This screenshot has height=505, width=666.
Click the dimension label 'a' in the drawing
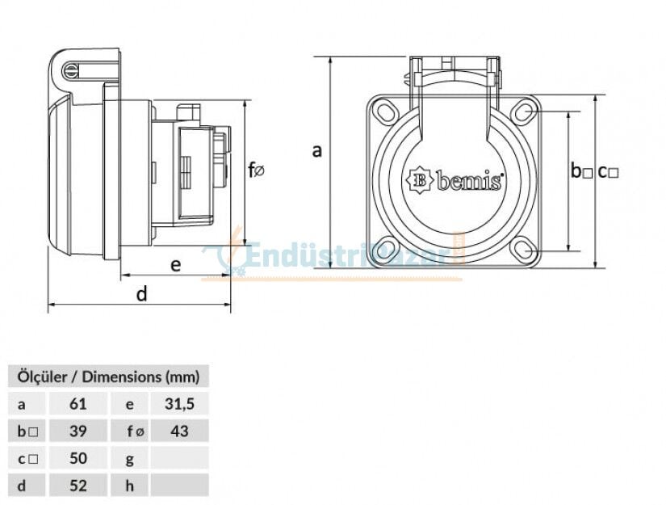(317, 150)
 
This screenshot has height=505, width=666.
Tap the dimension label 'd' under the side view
(141, 294)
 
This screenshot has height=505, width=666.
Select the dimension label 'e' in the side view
(175, 263)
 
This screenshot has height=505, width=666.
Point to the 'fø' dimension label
(257, 170)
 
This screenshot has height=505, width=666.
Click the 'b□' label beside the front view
(581, 171)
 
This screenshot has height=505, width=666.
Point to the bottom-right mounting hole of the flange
(525, 250)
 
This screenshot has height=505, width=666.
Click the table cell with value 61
(78, 403)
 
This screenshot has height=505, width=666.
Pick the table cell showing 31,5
(179, 403)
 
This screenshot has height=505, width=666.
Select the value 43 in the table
(179, 431)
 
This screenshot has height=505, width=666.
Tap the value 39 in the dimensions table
(78, 431)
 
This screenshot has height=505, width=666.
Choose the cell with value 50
(78, 458)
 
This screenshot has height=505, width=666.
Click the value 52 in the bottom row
(78, 486)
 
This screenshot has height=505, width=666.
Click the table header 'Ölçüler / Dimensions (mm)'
(107, 376)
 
